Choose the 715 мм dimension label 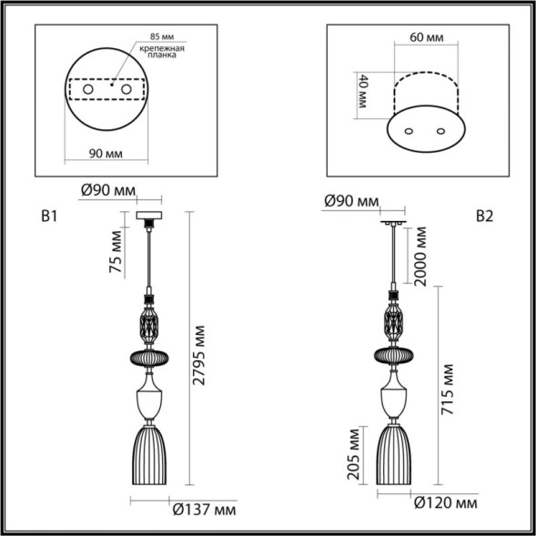point(448,389)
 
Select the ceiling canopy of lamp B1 point(148,218)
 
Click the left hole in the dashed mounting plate point(89,91)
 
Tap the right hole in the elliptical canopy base point(442,131)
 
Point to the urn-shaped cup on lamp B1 point(149,399)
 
